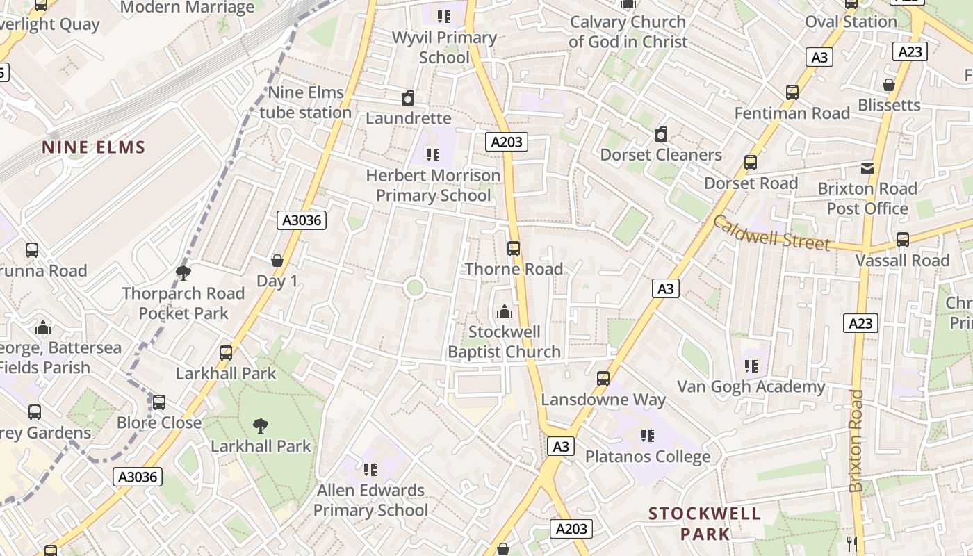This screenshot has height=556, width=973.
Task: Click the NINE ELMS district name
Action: click(x=93, y=147)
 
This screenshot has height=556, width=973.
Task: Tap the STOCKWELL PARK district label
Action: click(x=705, y=524)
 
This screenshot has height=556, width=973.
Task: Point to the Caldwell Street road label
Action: click(x=771, y=233)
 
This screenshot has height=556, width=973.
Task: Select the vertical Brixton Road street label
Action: click(x=856, y=441)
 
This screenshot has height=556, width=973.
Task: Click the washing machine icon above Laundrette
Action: click(x=408, y=98)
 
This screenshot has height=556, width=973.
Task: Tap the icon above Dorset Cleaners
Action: click(x=661, y=134)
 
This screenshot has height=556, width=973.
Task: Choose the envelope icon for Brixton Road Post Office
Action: click(x=867, y=168)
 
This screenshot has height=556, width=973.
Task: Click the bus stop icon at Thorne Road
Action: click(x=514, y=248)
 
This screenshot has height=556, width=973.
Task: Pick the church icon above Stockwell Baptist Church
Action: click(x=504, y=311)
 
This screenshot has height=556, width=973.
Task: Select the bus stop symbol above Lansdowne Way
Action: click(x=603, y=379)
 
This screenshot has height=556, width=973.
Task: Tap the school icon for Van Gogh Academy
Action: click(x=751, y=366)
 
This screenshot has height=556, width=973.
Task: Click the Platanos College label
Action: click(x=648, y=457)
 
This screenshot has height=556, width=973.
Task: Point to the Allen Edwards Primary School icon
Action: click(x=370, y=470)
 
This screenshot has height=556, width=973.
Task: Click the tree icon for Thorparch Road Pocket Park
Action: click(x=183, y=272)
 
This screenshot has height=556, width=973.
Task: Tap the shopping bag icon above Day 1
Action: click(x=277, y=261)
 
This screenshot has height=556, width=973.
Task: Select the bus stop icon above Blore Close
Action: click(x=159, y=402)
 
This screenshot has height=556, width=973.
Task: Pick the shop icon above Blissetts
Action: click(x=888, y=85)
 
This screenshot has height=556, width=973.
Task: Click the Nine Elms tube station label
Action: click(x=306, y=102)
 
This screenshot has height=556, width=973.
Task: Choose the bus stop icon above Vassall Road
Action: click(x=902, y=240)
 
